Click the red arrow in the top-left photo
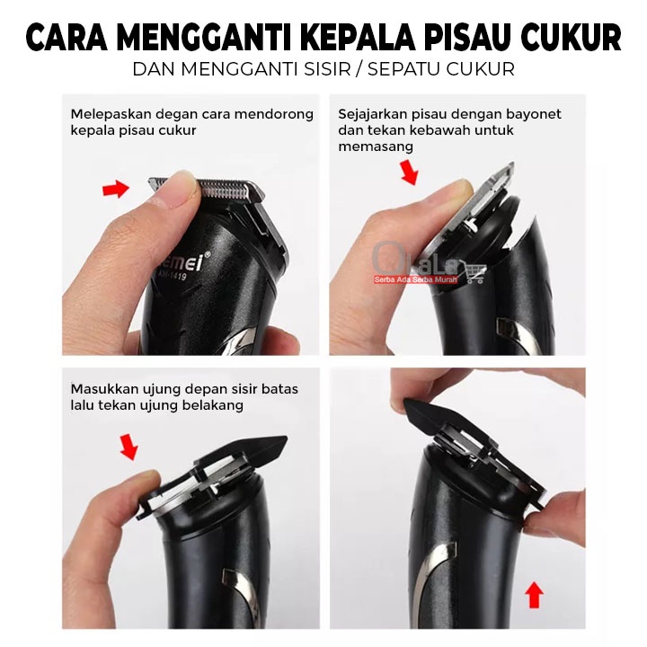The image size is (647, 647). pos(116,189)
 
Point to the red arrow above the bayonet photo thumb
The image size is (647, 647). pos(410,171)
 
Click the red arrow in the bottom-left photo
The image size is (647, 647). pos(129,446)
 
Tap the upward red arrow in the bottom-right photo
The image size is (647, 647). pos(535,595)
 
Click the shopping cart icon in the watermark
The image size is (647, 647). pos(474,271)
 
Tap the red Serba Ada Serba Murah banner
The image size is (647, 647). pos(416,279)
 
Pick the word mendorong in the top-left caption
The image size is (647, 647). pos(274,114)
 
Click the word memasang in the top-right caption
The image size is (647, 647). pos(376,146)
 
